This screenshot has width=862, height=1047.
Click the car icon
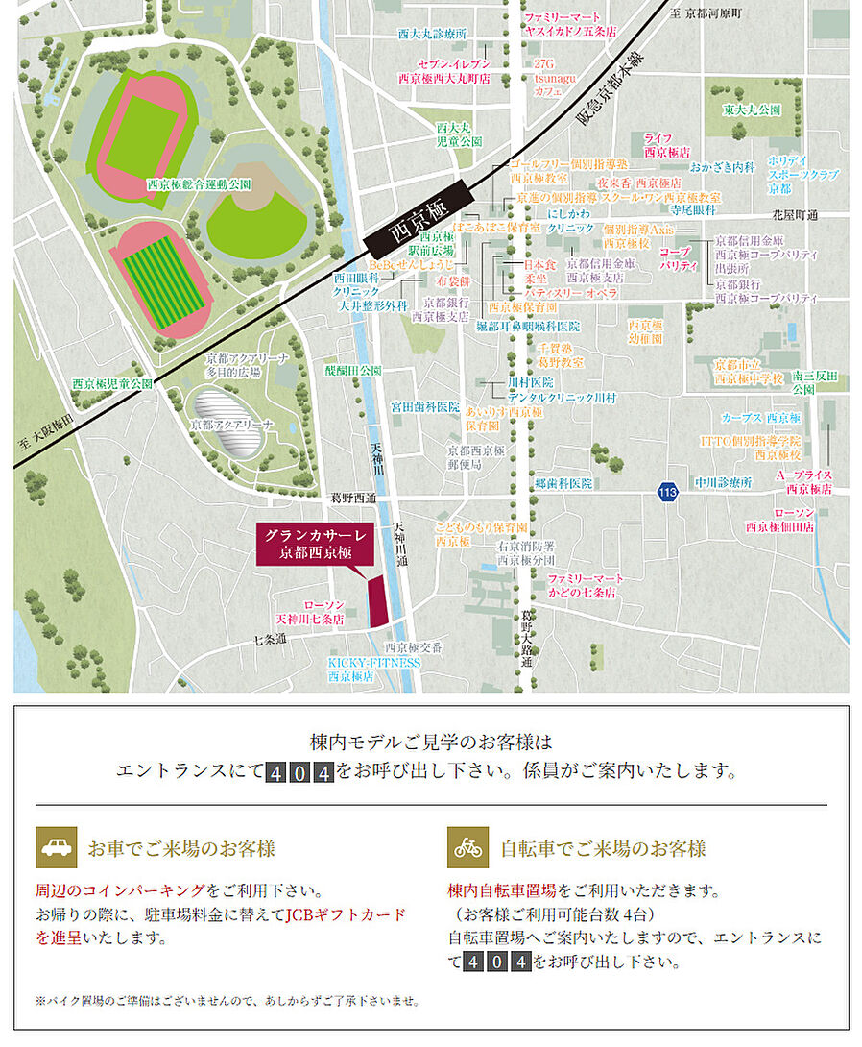(x=56, y=847)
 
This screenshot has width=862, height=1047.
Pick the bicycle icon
(x=468, y=847)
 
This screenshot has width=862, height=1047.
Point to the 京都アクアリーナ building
(x=227, y=424)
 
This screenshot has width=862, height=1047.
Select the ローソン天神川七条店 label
(x=309, y=613)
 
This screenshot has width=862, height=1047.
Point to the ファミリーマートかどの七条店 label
(x=585, y=586)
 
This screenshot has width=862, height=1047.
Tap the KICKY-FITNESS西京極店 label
(x=373, y=669)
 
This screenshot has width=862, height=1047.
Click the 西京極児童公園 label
(x=112, y=383)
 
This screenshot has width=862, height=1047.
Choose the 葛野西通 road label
(x=354, y=499)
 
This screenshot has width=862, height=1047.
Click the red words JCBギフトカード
(x=346, y=913)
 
